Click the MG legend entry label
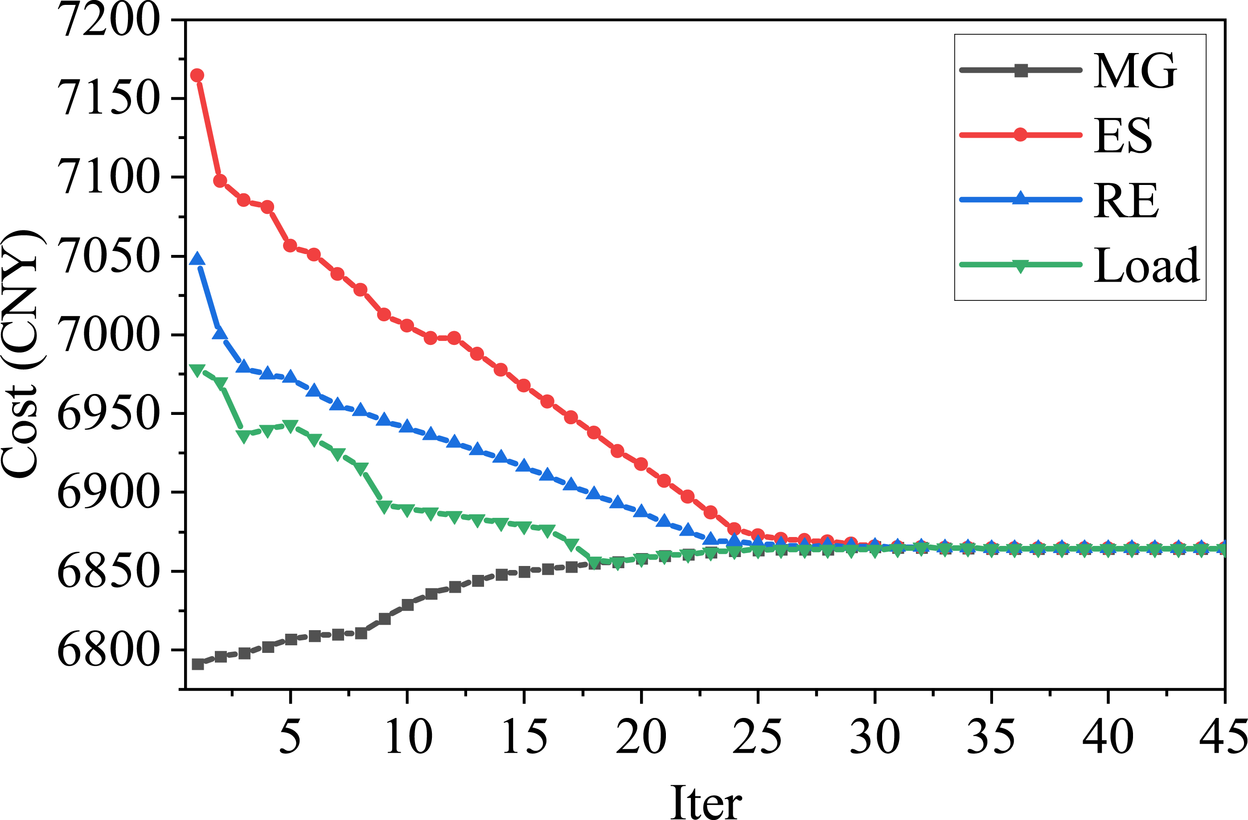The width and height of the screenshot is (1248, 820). click(x=1135, y=71)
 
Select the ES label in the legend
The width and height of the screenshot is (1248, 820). click(x=1123, y=135)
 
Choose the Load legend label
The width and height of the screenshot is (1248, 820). click(x=1146, y=265)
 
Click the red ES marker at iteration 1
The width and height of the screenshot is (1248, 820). click(x=197, y=75)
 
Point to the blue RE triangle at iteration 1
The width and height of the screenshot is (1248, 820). click(x=197, y=258)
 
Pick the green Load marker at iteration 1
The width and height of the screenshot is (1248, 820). click(x=197, y=371)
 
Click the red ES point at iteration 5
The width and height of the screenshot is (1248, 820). click(x=290, y=246)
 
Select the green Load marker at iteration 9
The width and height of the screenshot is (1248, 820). click(x=384, y=506)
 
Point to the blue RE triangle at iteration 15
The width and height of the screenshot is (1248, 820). click(x=523, y=465)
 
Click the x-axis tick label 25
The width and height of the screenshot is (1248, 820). click(x=757, y=737)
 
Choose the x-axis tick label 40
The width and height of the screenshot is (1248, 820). click(x=1108, y=737)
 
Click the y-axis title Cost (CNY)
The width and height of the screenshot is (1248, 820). click(x=21, y=353)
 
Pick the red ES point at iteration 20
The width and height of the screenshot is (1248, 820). click(x=640, y=464)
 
